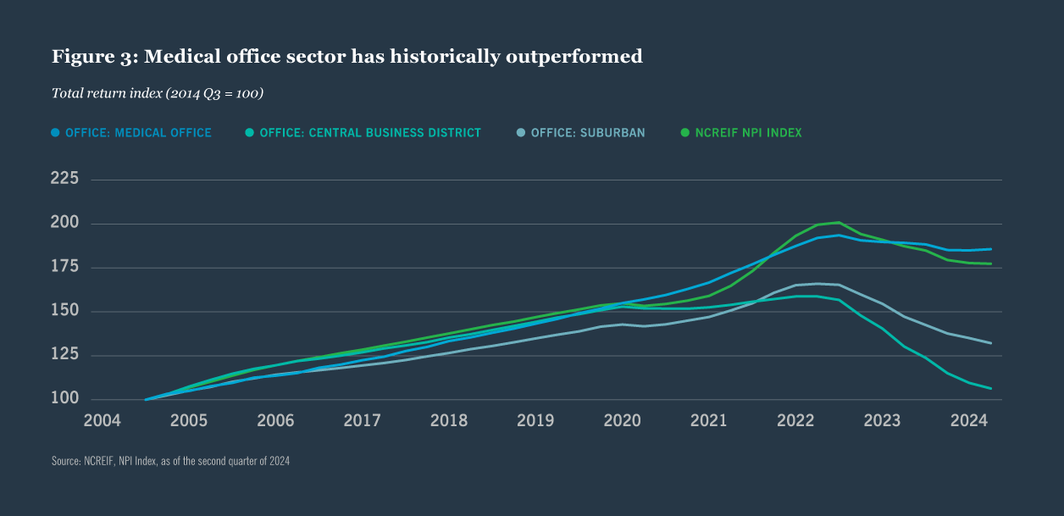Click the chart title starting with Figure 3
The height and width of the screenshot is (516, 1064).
point(347,57)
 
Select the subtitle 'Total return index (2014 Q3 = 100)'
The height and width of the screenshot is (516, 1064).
point(158,93)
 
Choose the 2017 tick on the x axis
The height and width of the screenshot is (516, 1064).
point(363,420)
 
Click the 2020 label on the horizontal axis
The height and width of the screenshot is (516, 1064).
point(623,420)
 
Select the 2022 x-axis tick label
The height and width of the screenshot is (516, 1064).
point(795,420)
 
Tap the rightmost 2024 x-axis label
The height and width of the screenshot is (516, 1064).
point(968,420)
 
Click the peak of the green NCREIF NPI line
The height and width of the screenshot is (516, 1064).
point(838,222)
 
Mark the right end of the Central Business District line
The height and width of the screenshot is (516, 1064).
point(991,389)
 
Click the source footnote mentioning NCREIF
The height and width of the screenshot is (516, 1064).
point(170,461)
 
